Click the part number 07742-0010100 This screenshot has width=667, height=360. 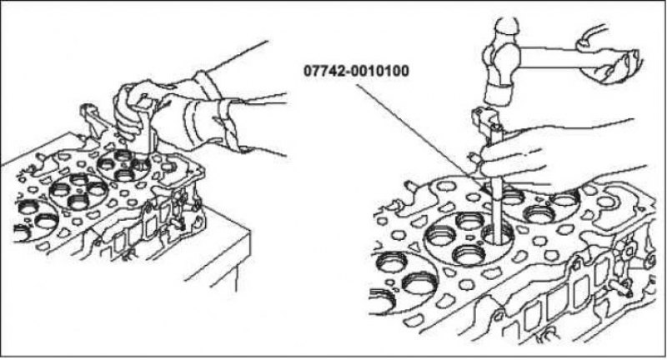[x=356, y=70]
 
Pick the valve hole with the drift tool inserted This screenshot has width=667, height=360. [x=498, y=235]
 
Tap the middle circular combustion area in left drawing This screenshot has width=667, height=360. [x=78, y=192]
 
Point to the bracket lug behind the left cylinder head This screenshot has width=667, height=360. [x=90, y=120]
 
